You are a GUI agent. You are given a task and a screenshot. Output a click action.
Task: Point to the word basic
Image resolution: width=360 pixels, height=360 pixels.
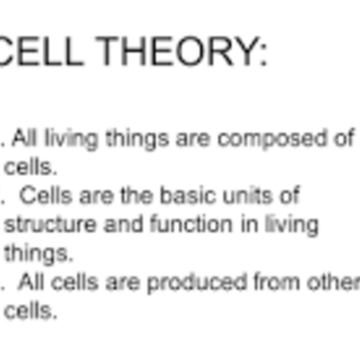click(174, 195)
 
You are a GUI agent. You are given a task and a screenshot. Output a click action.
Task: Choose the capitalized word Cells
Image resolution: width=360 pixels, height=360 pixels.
click(40, 195)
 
